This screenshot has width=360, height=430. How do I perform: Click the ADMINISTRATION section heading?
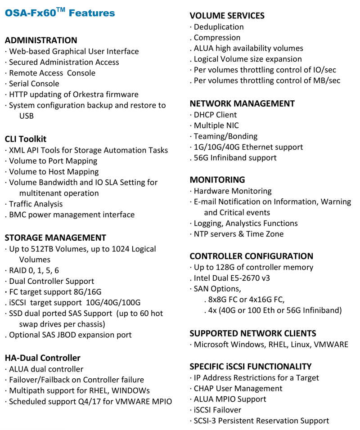(x=41, y=40)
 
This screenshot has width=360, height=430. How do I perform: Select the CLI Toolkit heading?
(x=26, y=139)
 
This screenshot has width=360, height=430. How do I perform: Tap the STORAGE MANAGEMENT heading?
(x=55, y=238)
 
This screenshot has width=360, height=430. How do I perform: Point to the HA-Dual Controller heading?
(x=43, y=358)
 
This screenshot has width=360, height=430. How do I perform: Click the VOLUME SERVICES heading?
(x=227, y=16)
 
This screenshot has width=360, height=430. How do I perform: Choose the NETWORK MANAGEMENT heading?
(x=242, y=103)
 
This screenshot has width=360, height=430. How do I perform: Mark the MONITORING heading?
(x=217, y=180)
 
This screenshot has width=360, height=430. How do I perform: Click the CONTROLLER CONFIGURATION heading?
(x=252, y=256)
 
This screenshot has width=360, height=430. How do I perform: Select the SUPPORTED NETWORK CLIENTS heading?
(x=253, y=333)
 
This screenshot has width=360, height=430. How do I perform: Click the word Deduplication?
(x=219, y=27)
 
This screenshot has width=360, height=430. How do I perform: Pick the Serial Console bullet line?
(x=34, y=84)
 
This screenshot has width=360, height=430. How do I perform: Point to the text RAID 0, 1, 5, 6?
(x=34, y=270)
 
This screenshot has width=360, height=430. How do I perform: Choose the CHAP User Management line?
(x=238, y=388)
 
